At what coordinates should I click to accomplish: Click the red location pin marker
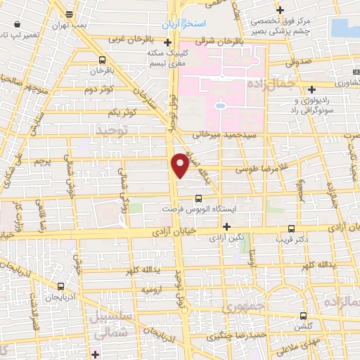pos(181,164)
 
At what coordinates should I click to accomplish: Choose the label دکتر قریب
pos(292,239)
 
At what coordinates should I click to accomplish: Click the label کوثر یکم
pos(122,112)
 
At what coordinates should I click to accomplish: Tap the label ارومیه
pos(153,289)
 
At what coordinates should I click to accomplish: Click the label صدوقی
pos(298,62)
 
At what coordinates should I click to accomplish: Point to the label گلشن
pos(304,328)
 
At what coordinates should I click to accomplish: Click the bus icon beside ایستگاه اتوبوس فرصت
pos(198,198)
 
